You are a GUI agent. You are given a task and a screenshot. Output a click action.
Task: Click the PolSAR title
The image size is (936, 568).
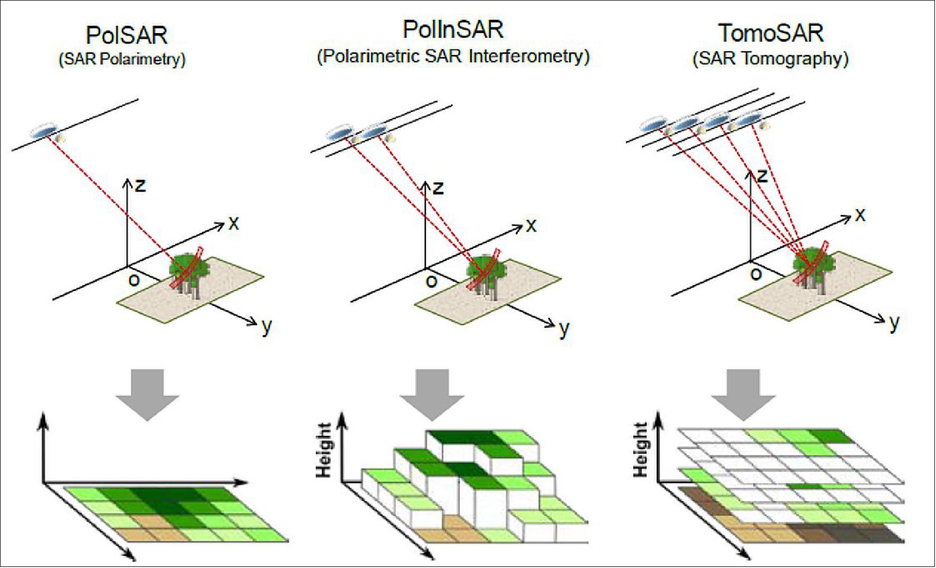(x=127, y=36)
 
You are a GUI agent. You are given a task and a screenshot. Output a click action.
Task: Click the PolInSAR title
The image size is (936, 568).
(x=453, y=30)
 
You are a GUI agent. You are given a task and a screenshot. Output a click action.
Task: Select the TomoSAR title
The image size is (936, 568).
(x=770, y=34)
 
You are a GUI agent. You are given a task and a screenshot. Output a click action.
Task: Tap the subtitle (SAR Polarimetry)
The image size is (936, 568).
(x=122, y=59)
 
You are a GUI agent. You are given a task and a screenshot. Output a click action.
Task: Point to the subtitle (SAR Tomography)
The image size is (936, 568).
(x=770, y=59)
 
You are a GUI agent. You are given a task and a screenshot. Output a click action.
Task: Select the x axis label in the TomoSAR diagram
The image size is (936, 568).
(x=860, y=215)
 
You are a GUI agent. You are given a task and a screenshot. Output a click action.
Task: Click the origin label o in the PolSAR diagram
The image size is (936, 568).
(x=134, y=279)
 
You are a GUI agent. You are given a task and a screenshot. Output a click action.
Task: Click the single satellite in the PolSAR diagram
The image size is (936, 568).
(x=44, y=131)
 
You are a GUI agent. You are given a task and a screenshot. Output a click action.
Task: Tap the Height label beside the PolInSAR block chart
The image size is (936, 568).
(x=324, y=450)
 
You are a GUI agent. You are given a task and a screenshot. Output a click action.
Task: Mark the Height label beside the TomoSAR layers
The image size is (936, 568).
(x=640, y=450)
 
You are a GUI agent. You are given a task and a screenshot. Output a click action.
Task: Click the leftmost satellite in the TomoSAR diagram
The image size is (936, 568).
(x=652, y=125)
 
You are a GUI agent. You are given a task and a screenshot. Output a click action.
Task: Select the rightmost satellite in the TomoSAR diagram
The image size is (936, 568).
(x=751, y=118)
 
